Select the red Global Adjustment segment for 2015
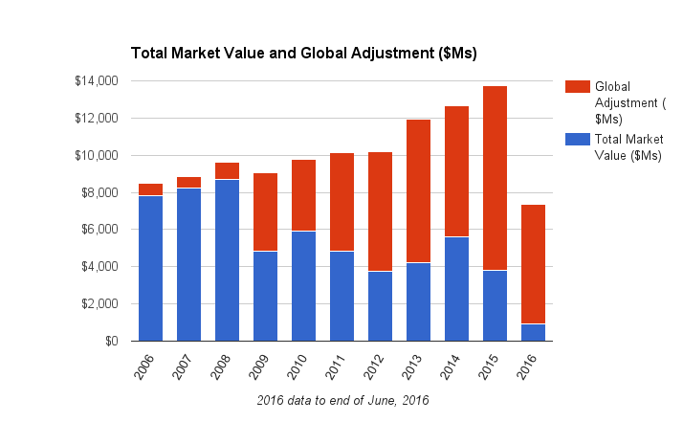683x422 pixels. [495, 178]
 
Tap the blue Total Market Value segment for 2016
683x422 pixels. [533, 332]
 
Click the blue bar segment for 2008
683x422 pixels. [227, 259]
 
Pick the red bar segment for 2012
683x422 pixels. [380, 211]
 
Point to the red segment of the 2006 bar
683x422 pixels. [150, 189]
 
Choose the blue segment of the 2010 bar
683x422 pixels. [303, 285]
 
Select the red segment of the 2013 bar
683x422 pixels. [418, 190]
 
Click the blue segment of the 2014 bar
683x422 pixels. [456, 288]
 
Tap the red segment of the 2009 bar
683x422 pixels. [265, 211]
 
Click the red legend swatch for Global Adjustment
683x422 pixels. [577, 87]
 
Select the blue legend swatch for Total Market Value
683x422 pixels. [577, 139]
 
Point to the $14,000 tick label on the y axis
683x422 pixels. [96, 81]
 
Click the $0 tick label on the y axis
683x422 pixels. [111, 341]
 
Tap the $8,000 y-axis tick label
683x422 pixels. [99, 192]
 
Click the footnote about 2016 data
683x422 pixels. [342, 401]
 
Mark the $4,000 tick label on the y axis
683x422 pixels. [99, 267]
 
